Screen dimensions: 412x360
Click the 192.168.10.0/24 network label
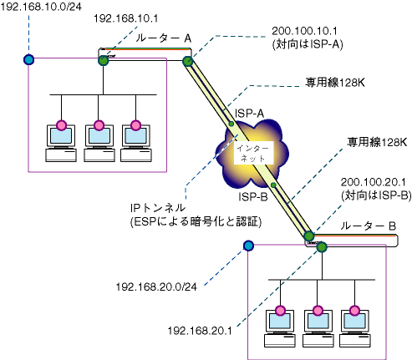(x=41, y=7)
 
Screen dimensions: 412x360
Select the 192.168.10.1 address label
(x=125, y=18)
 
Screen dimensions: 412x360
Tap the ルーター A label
(x=164, y=38)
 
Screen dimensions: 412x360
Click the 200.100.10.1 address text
(x=304, y=31)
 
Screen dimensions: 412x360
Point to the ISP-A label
(x=249, y=114)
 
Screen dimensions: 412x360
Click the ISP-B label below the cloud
(x=253, y=197)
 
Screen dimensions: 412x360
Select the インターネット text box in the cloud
(x=253, y=153)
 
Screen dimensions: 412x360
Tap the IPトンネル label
(x=158, y=208)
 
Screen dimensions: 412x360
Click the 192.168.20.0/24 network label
(x=156, y=286)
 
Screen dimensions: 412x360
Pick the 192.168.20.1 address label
(x=200, y=331)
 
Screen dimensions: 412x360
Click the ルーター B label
(x=368, y=226)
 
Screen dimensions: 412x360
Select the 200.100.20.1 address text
(x=374, y=182)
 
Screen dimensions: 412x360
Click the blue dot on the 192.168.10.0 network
(x=28, y=59)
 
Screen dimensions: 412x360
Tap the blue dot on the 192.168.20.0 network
(x=248, y=246)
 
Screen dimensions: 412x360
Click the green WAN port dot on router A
(x=188, y=61)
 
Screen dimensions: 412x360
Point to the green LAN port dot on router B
(x=322, y=247)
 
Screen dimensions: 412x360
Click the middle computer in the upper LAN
(x=99, y=143)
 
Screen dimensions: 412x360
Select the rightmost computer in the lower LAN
(x=355, y=328)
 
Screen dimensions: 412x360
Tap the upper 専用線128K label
(x=335, y=83)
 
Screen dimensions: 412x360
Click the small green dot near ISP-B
(x=273, y=185)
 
